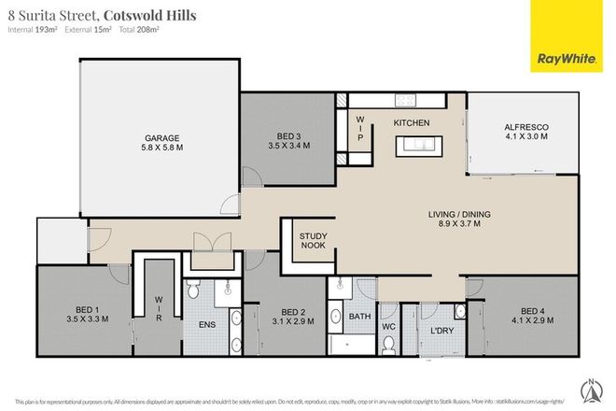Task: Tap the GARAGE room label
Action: (161, 137)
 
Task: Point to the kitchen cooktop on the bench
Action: (405, 101)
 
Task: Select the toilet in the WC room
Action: (389, 345)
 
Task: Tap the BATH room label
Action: (360, 317)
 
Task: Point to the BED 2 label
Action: (290, 312)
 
